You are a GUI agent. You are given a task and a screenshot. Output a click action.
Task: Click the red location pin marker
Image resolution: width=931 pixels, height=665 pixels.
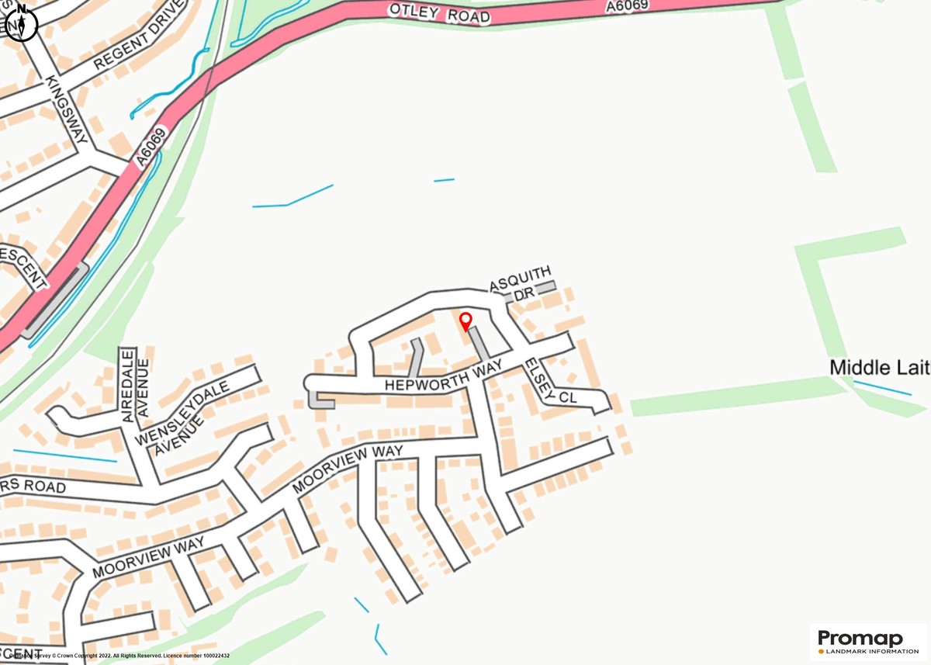(x=465, y=320)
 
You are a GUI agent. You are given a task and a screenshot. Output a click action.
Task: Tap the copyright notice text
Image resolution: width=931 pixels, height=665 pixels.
(x=116, y=656)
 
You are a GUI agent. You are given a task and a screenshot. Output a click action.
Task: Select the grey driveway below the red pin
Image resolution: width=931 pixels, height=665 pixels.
(x=479, y=345)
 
